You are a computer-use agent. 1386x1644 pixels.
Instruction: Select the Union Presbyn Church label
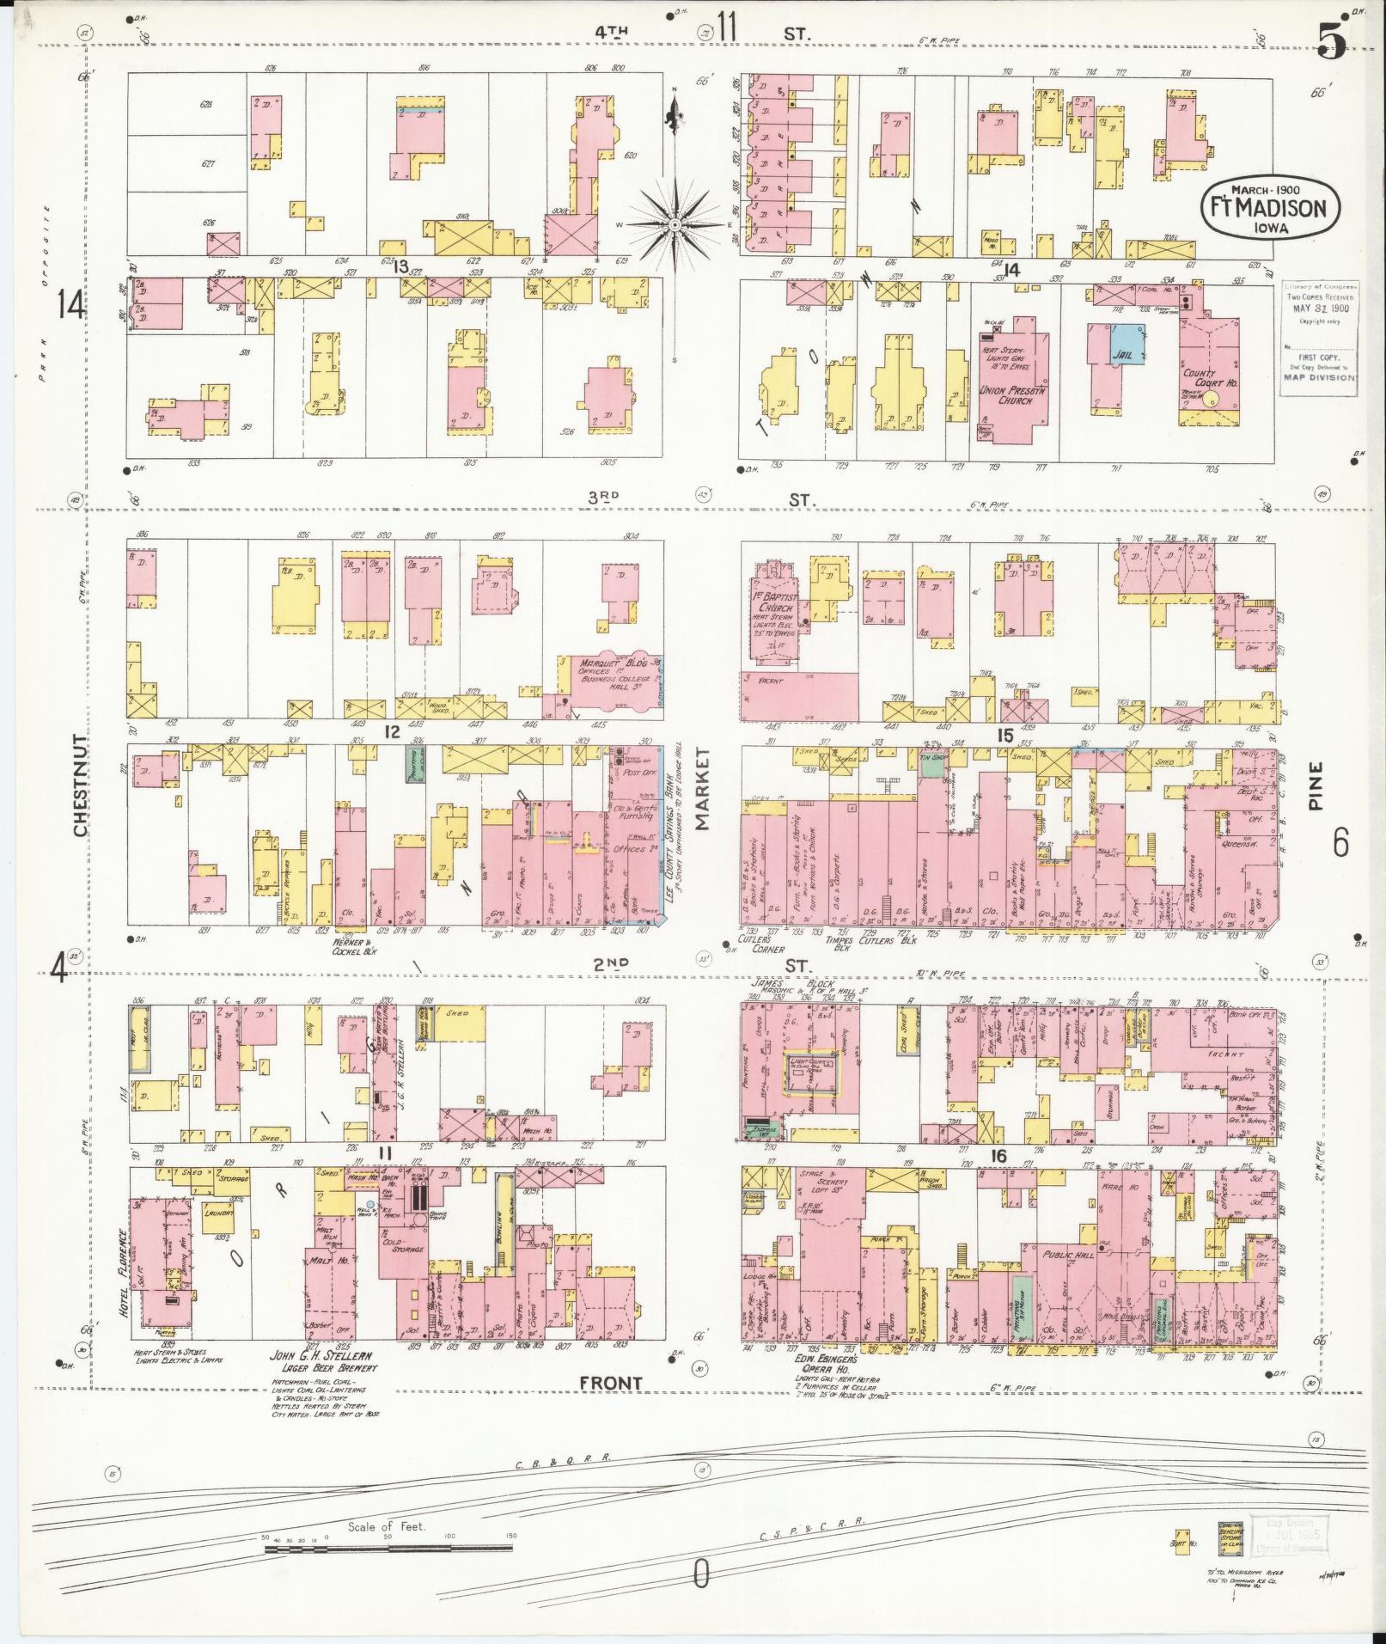click(x=1010, y=395)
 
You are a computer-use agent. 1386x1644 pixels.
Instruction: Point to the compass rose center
click(x=675, y=224)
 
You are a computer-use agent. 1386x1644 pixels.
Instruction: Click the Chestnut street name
click(x=80, y=785)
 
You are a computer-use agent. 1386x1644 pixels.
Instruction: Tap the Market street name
click(x=702, y=788)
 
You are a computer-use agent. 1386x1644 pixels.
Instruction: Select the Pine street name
click(x=1316, y=786)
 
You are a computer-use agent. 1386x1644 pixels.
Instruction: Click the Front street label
click(x=610, y=1383)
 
